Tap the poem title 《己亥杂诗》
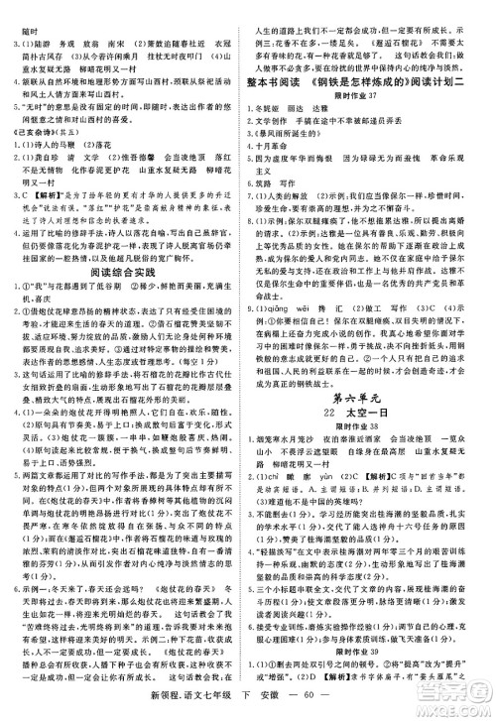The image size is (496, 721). (x=28, y=130)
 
